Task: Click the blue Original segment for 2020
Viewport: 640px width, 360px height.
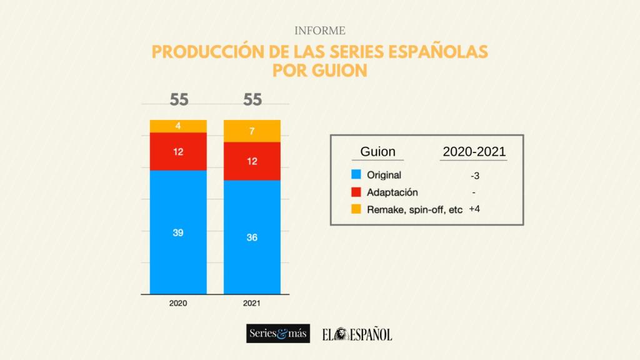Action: [178, 232]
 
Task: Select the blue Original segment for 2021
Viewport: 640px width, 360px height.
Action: [252, 237]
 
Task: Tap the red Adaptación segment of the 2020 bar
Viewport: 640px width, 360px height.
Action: [178, 151]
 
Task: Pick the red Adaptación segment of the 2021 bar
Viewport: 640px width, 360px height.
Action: [252, 161]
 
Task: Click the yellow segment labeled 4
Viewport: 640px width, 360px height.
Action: [178, 126]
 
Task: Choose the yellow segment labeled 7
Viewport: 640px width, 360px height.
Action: [252, 131]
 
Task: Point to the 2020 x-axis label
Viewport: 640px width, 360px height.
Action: [178, 303]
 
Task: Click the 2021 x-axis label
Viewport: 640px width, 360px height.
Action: [252, 303]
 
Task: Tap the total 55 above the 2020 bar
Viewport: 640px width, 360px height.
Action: [178, 100]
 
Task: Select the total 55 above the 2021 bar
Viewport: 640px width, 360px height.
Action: [252, 100]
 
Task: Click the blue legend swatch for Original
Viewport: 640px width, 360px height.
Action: [356, 175]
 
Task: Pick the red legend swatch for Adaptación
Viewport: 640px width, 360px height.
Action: [356, 192]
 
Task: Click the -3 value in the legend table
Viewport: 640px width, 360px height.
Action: [474, 176]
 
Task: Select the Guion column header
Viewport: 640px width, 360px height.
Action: [377, 152]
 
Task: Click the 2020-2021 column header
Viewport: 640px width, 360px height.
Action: [474, 152]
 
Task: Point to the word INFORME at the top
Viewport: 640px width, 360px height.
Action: [319, 31]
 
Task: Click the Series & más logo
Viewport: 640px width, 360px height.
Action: [277, 334]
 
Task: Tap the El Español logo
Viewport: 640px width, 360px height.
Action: [357, 334]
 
